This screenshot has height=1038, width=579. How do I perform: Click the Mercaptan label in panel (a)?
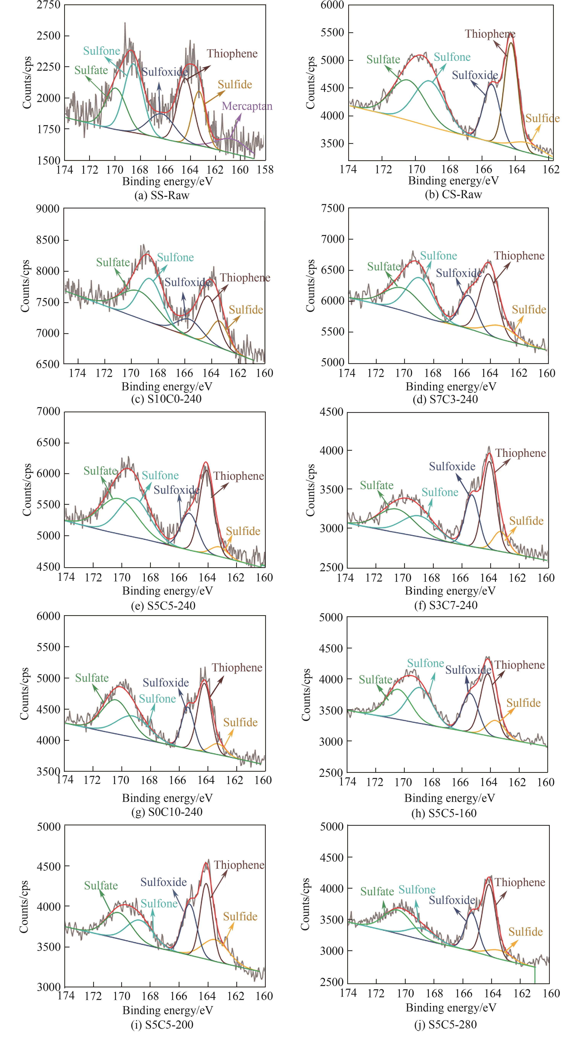[x=247, y=106]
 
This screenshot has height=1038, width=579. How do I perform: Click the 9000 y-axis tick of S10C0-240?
[x=48, y=209]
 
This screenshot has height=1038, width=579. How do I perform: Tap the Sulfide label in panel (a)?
[x=235, y=85]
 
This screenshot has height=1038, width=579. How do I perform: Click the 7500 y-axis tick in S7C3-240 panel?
[x=333, y=208]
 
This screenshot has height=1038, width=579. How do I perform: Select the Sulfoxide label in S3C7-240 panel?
[x=452, y=467]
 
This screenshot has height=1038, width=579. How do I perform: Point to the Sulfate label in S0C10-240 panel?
[x=92, y=678]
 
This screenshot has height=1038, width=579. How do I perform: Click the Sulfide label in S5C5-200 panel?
[x=240, y=917]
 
